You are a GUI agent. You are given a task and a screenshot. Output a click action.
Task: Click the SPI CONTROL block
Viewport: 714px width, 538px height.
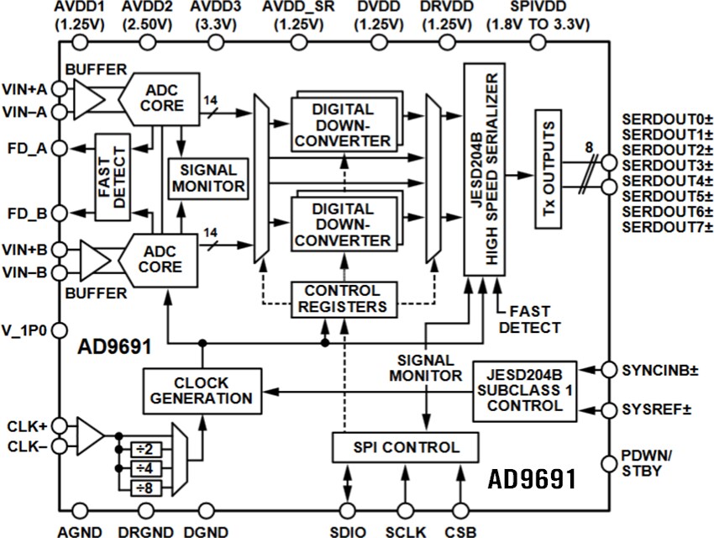pos(405,447)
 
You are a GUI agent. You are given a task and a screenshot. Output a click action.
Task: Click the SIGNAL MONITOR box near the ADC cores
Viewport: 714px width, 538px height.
pos(207,177)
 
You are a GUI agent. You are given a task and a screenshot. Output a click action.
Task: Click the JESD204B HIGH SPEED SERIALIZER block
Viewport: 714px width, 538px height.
pos(485,168)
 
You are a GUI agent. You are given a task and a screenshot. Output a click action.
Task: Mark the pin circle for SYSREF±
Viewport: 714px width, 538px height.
pos(609,410)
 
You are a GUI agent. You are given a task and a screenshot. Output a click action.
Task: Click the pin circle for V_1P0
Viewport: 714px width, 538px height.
pos(60,330)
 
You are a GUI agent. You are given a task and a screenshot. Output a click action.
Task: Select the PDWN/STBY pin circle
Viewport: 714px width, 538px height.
pos(609,463)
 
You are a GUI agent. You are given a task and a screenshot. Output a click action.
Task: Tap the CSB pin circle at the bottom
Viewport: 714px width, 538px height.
pos(459,510)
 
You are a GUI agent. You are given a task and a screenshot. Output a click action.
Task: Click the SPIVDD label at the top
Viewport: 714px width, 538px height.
pos(540,8)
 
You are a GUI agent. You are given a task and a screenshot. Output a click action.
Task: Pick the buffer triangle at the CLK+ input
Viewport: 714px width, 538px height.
pos(89,436)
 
